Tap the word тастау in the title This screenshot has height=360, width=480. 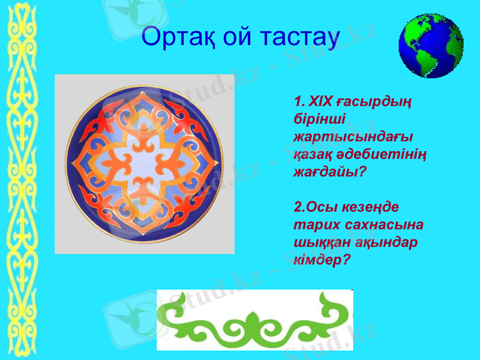(297, 37)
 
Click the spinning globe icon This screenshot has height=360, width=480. (431, 46)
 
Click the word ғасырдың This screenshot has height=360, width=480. (372, 99)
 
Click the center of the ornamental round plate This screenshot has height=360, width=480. (144, 163)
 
